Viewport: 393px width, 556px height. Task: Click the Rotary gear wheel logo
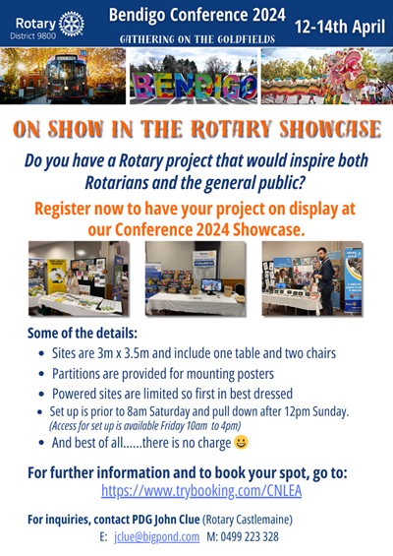click(x=71, y=23)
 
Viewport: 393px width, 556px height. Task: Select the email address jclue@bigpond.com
click(x=146, y=536)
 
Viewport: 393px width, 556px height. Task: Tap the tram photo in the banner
click(x=64, y=76)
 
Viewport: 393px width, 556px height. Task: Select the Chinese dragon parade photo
click(x=325, y=76)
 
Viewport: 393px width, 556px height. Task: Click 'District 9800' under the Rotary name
click(x=34, y=34)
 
